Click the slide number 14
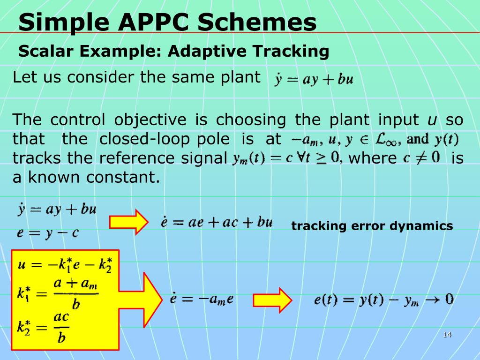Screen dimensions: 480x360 click(447, 334)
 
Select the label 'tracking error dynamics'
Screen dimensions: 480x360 click(372, 226)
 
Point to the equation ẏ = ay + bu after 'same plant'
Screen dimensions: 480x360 click(314, 79)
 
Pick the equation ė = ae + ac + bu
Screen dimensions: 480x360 click(216, 222)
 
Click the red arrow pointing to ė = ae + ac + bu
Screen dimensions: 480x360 click(129, 222)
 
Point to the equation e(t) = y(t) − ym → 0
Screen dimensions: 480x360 click(383, 299)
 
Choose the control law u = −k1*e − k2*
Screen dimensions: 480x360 click(65, 264)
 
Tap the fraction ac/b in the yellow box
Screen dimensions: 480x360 click(61, 327)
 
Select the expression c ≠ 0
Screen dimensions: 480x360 click(421, 157)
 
